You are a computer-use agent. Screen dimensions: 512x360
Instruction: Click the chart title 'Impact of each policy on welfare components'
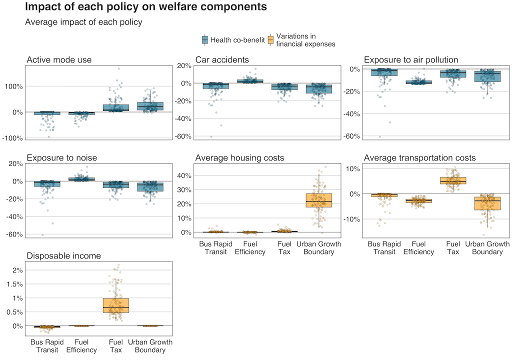click(146, 7)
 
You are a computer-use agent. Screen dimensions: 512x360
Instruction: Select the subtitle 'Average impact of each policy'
click(83, 22)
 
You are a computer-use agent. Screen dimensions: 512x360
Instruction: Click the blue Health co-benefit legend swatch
click(204, 40)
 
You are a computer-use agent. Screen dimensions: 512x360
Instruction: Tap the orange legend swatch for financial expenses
click(270, 40)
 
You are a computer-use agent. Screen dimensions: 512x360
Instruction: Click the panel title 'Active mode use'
click(59, 60)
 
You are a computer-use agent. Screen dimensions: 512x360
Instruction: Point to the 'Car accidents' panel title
click(222, 60)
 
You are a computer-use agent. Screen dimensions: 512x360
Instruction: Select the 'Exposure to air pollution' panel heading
click(411, 60)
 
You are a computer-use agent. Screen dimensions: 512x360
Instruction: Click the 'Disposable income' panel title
click(63, 256)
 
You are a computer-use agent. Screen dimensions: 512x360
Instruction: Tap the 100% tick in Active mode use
click(13, 86)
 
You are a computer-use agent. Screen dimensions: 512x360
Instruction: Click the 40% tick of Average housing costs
click(184, 176)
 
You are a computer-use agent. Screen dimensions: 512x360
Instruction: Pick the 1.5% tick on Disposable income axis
click(14, 284)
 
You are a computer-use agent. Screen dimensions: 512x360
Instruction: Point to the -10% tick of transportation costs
click(351, 219)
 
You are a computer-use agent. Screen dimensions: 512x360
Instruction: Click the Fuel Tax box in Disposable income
click(115, 305)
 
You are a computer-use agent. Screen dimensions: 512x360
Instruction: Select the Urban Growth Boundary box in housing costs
click(318, 200)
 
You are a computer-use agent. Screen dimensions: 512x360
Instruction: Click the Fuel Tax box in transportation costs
click(453, 180)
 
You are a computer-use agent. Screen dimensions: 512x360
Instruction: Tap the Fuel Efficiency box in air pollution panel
click(418, 82)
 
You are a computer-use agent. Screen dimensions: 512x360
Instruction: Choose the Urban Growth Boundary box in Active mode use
click(150, 106)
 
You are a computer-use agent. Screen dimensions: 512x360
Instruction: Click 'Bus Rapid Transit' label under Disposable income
click(47, 346)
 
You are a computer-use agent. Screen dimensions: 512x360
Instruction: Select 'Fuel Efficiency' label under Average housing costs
click(250, 248)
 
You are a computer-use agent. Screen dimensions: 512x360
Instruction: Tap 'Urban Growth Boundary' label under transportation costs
click(487, 248)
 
